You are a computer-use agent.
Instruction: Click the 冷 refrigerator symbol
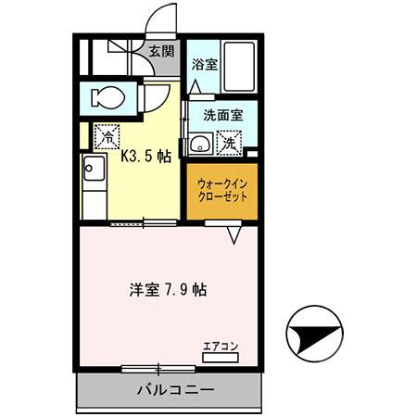[x=107, y=135]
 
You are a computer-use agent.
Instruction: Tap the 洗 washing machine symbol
[x=228, y=145]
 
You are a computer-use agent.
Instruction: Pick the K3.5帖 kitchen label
[x=146, y=157]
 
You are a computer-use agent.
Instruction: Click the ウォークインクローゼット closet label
[x=221, y=191]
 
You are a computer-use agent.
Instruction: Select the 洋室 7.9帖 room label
[x=168, y=288]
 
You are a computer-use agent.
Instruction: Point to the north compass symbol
[x=315, y=335]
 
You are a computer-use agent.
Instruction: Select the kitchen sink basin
[x=94, y=171]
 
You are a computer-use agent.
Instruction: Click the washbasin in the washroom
[x=199, y=145]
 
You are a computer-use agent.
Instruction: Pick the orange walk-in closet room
[x=221, y=190]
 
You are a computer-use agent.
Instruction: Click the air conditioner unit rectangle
[x=221, y=356]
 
